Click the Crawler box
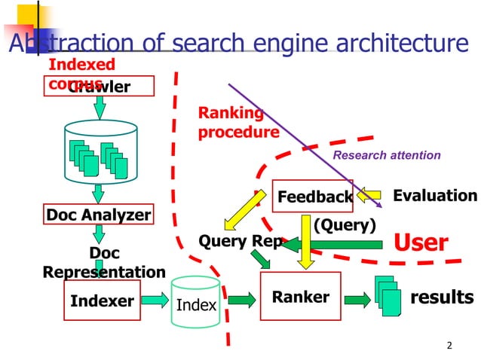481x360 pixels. coord(100,87)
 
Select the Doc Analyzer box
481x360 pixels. coord(99,215)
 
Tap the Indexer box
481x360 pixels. coord(102,301)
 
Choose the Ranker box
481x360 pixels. coord(300,297)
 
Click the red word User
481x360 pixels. coord(421,243)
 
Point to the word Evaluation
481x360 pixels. coord(435,196)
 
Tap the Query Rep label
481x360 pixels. coord(239,241)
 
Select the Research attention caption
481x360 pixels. coord(387,155)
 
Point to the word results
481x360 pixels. coord(442,297)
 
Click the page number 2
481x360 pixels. coord(449,346)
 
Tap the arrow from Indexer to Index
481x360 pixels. coord(155,301)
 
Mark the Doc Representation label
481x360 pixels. coord(104,262)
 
